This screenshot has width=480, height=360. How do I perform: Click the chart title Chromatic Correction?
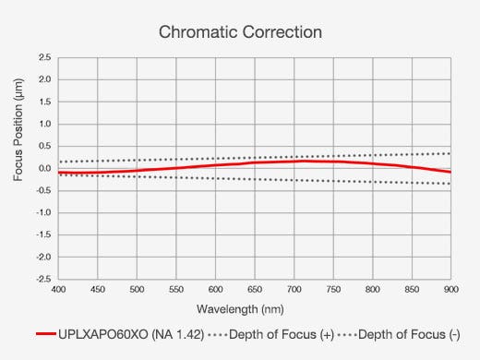coord(240,32)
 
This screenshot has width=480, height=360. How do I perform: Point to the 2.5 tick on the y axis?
coord(44,57)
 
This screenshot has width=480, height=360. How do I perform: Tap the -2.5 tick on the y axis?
coord(42,279)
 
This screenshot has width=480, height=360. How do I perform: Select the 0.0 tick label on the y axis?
coord(44,168)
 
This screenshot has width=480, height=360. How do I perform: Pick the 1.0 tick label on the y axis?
coord(44,124)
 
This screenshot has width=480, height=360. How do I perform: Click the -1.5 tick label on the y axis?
coord(42,234)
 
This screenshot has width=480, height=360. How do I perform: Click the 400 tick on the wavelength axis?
coord(58,289)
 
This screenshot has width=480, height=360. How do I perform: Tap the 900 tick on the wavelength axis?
coord(450,289)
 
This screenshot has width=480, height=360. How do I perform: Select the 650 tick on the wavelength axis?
coord(255,289)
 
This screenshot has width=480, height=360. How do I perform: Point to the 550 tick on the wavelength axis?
coord(176,289)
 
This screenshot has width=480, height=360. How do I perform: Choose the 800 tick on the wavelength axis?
coord(372,289)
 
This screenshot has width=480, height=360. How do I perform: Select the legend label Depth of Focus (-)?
coord(408,334)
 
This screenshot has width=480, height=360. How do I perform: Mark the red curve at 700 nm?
coord(294,162)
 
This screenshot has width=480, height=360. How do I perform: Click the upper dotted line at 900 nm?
coord(450,153)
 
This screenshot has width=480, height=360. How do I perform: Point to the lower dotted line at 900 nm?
coord(450,184)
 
